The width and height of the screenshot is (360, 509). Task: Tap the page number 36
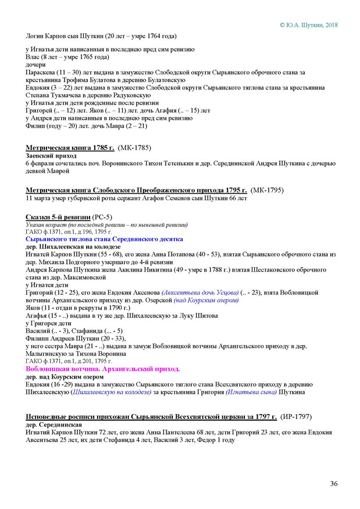click(x=334, y=483)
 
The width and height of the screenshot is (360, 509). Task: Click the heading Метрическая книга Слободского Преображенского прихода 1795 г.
click(x=137, y=190)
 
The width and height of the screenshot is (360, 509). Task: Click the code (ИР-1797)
click(x=300, y=418)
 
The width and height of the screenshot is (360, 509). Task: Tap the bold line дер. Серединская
click(x=54, y=425)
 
